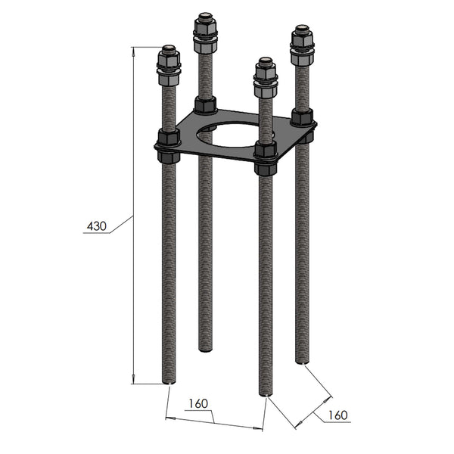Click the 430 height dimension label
tap(97, 225)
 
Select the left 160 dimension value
tap(199, 403)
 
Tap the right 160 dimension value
tap(337, 415)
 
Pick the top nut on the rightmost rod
tap(301, 40)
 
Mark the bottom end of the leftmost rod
tap(169, 382)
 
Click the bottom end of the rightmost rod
tap(302, 362)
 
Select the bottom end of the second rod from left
tap(205, 349)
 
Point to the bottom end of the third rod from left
tap(265, 393)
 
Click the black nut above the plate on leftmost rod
tap(168, 138)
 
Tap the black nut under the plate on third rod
tap(265, 168)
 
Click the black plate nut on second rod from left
tap(205, 104)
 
